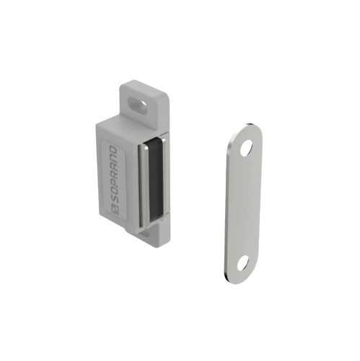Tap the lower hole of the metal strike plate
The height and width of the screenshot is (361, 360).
(x=242, y=264)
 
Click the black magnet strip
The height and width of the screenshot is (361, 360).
(x=155, y=181)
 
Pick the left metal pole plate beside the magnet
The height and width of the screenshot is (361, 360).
(x=144, y=186)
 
